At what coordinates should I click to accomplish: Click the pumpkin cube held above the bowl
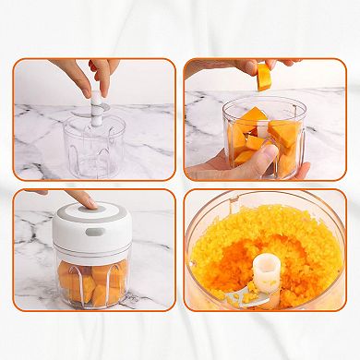click(265, 78)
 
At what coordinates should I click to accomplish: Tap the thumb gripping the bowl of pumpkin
click(266, 159)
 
